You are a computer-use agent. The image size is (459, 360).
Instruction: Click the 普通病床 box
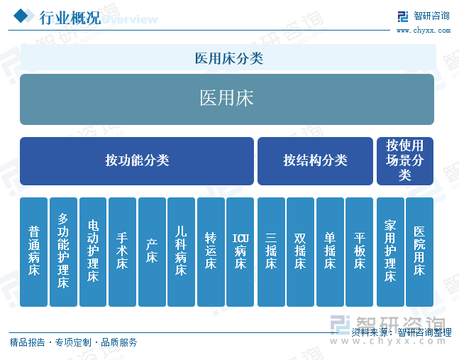33,252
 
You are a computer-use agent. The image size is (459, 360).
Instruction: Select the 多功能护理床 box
63,252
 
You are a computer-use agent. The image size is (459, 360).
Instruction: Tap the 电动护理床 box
93,252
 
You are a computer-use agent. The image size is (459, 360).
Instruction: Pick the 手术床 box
122,252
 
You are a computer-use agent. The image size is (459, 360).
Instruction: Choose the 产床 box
152,252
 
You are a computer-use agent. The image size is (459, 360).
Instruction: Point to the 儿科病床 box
181,252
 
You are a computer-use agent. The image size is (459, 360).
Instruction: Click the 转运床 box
211,252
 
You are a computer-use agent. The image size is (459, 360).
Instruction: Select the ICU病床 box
240,252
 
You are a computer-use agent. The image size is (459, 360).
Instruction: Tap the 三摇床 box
271,252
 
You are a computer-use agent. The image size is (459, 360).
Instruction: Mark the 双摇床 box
300,252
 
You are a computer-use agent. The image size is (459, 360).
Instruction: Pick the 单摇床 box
330,252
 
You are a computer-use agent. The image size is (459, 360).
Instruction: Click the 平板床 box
359,252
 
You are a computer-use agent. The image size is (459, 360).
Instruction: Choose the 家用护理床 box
390,252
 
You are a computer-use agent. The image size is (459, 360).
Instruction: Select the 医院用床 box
419,252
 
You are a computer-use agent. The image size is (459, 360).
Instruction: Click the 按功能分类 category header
137,161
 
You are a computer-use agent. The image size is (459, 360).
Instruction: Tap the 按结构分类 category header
315,161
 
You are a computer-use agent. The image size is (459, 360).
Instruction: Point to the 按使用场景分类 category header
405,161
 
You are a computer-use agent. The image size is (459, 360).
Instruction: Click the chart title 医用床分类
229,58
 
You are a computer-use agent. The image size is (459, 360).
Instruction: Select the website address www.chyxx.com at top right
424,30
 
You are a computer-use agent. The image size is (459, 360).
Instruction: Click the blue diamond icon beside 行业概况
21,16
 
